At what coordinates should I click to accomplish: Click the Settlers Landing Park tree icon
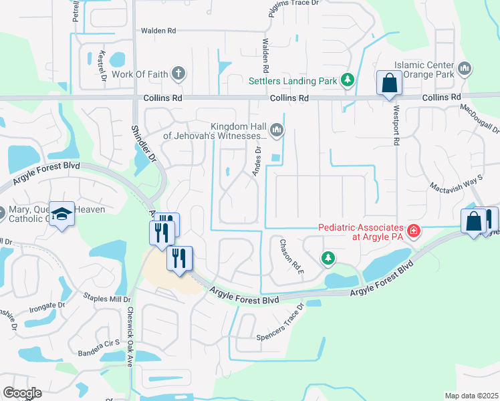click(x=347, y=81)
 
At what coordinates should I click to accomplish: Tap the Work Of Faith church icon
click(x=178, y=74)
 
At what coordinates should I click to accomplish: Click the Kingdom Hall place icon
click(x=275, y=129)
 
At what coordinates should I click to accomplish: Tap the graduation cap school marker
click(x=61, y=214)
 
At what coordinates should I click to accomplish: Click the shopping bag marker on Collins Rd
click(x=388, y=84)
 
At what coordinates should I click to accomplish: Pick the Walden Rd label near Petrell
click(x=158, y=31)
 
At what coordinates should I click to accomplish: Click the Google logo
click(x=21, y=393)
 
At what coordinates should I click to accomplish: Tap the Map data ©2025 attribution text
click(x=471, y=396)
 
